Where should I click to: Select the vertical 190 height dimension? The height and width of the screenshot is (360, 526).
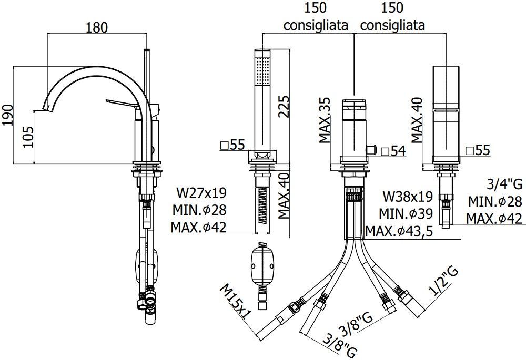tap(7, 114)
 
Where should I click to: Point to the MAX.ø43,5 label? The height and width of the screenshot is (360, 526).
tap(399, 231)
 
